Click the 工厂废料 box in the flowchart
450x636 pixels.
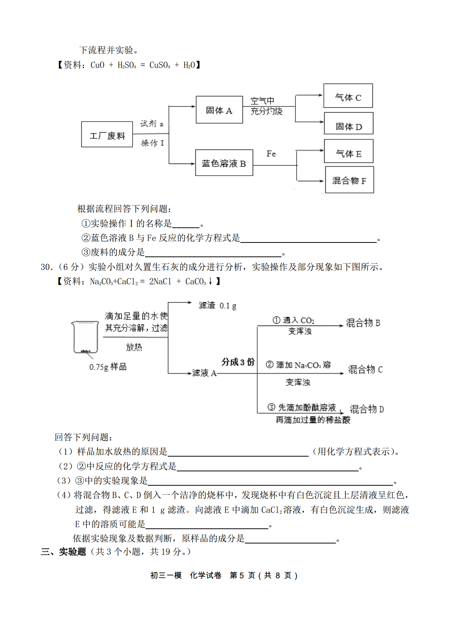pos(107,134)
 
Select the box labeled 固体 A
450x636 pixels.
pos(219,110)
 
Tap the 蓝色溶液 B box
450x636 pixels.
pos(224,163)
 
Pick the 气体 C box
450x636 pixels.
pos(348,96)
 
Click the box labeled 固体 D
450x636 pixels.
pos(349,123)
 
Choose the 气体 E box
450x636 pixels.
pos(349,151)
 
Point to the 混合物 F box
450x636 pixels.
pos(349,180)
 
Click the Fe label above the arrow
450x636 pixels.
pos(271,154)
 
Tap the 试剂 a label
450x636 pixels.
pos(152,123)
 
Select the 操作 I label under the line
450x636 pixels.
pos(153,143)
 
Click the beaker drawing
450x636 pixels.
pos(85,338)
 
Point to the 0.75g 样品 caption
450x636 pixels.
pos(108,367)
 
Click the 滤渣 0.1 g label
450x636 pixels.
pos(217,306)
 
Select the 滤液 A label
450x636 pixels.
pos(204,373)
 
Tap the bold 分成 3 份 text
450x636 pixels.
pos(238,362)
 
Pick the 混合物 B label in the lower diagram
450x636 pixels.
pos(363,323)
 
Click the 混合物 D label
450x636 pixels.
pos(367,409)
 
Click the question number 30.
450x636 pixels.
pos(46,267)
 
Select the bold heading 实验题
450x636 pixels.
pos(73,551)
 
